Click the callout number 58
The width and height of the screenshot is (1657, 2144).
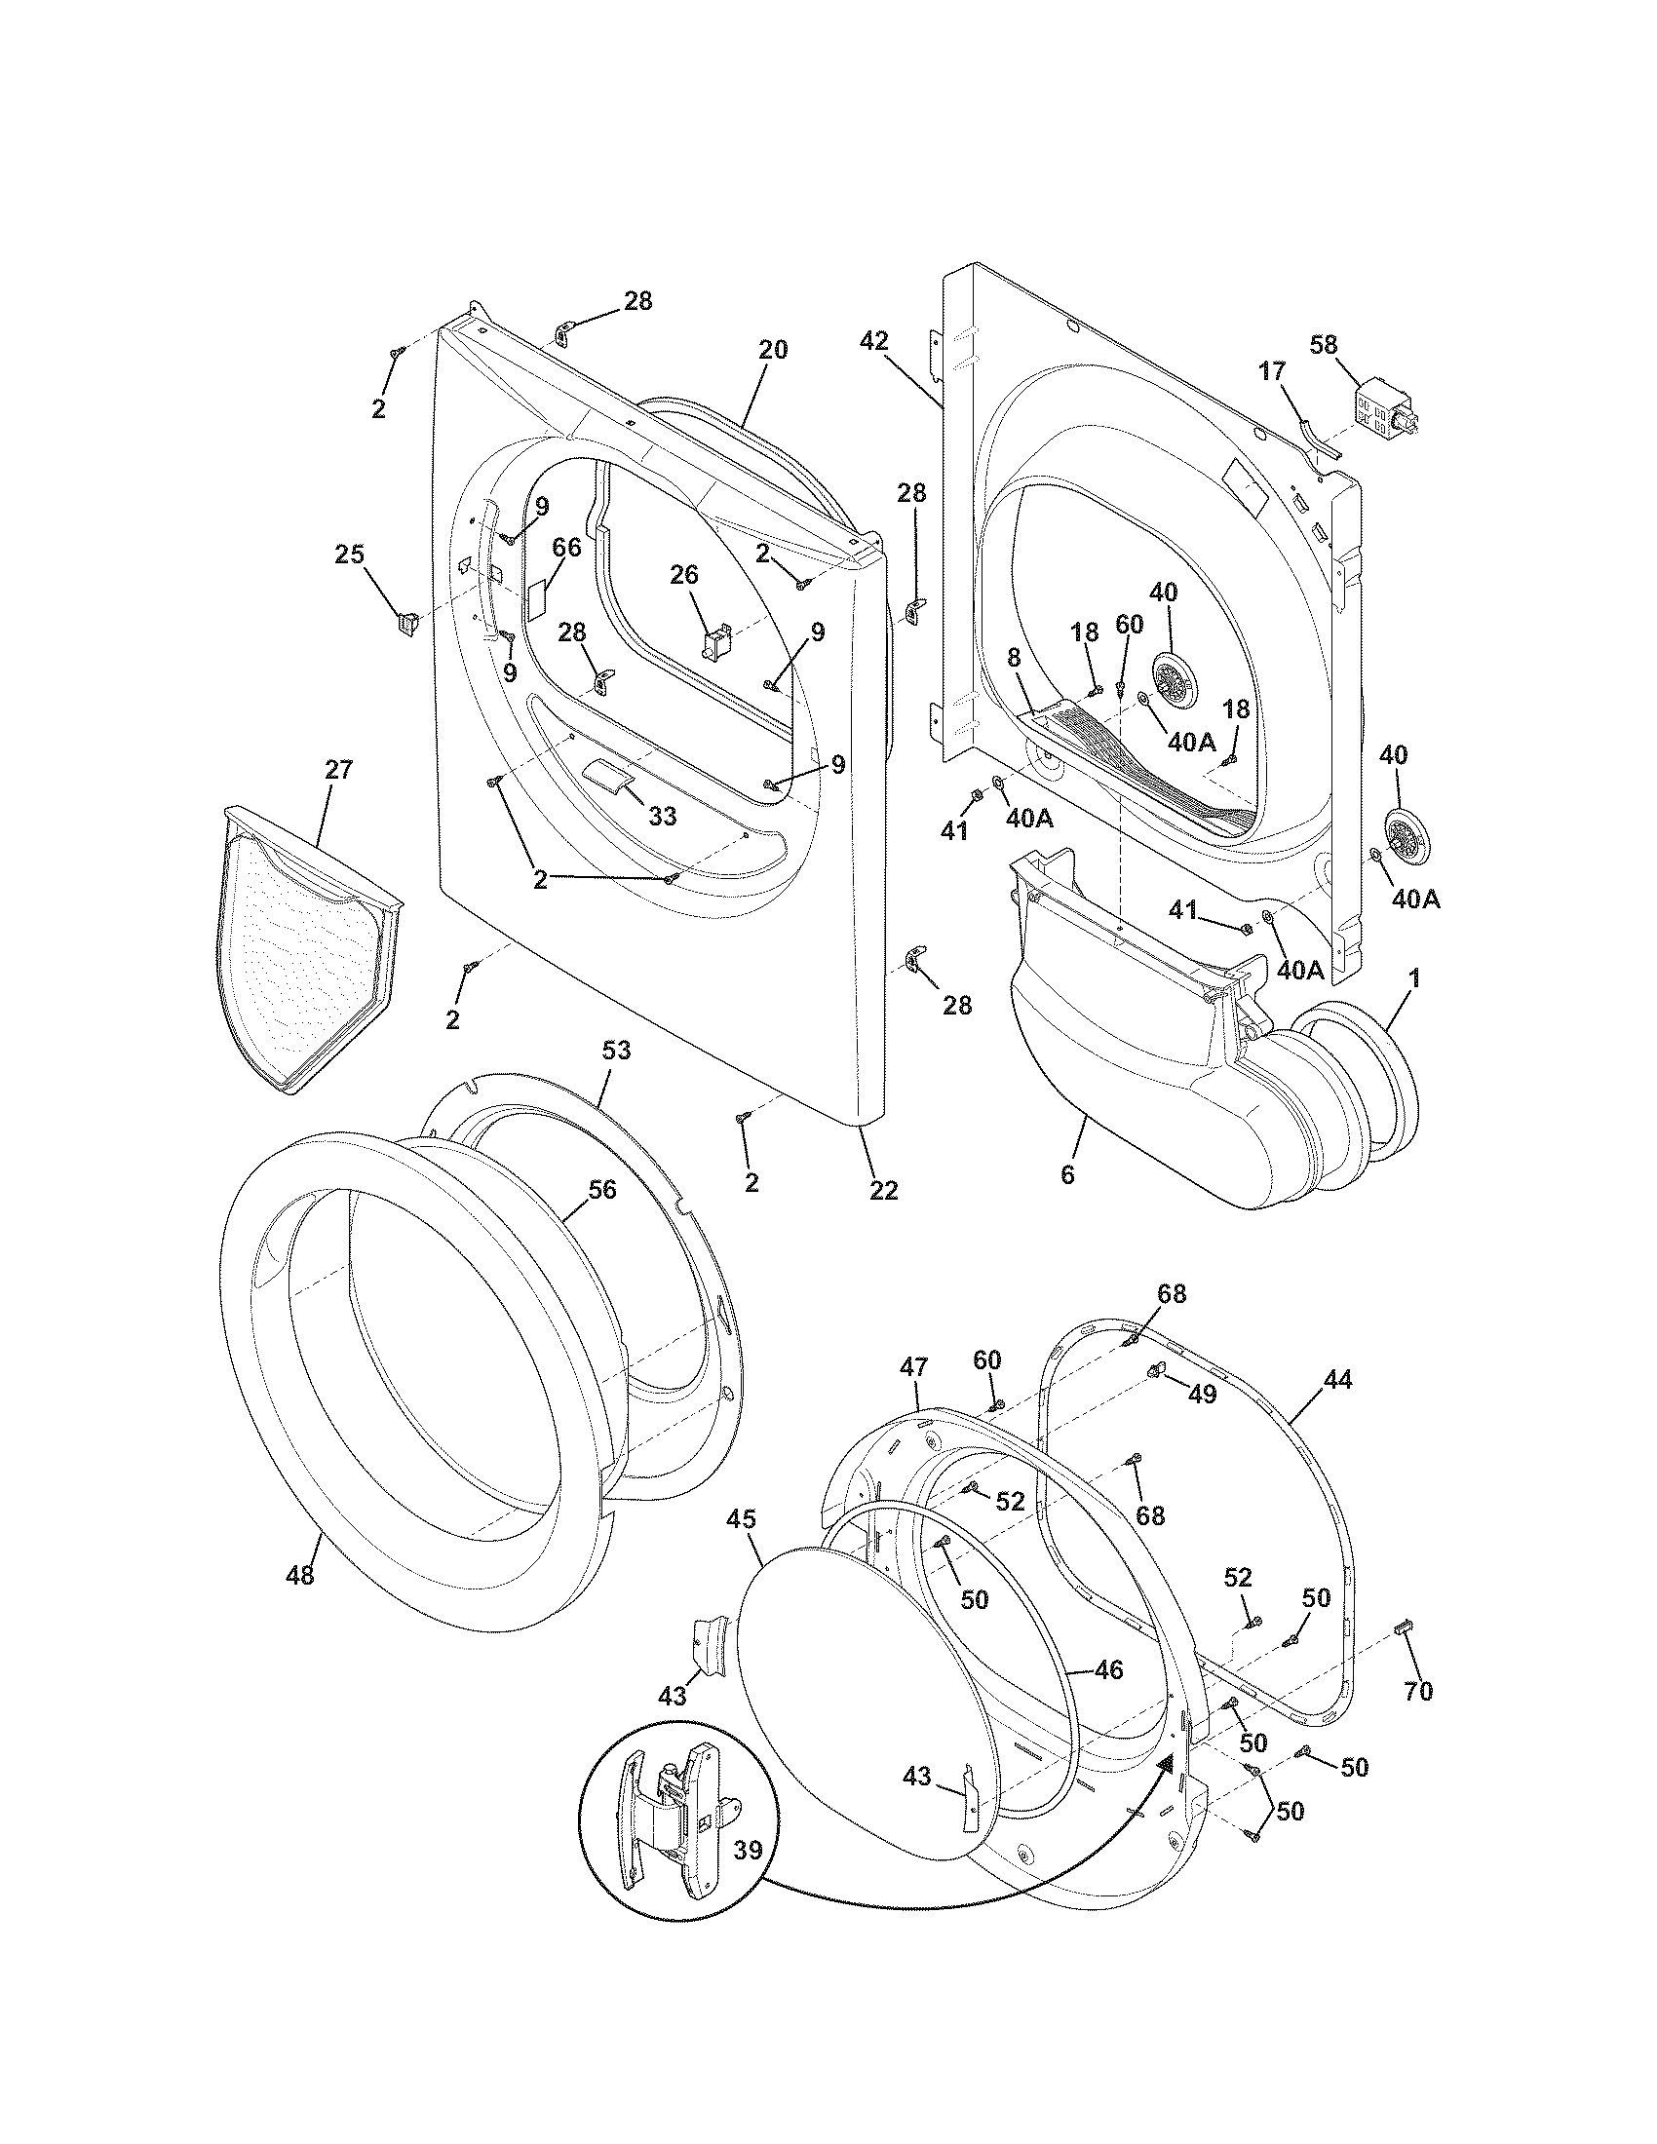coord(1325,345)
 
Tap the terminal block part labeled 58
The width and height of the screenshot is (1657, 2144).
coord(1384,411)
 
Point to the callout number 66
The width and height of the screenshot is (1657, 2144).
coord(566,548)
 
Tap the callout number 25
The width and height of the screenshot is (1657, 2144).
coord(350,555)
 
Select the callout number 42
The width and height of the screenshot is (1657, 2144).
coord(873,341)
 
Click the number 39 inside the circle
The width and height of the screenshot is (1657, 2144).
coord(748,1851)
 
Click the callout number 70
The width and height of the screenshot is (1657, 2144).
coord(1419,1691)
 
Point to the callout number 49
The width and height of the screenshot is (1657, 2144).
coord(1203,1393)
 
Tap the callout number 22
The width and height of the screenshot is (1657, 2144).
coord(883,1190)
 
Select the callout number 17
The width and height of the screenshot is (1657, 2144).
coord(1272,371)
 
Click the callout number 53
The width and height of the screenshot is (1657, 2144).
coord(616,1051)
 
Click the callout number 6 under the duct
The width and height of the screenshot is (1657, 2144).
coord(1067,1174)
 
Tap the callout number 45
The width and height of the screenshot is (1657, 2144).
coord(741,1518)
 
